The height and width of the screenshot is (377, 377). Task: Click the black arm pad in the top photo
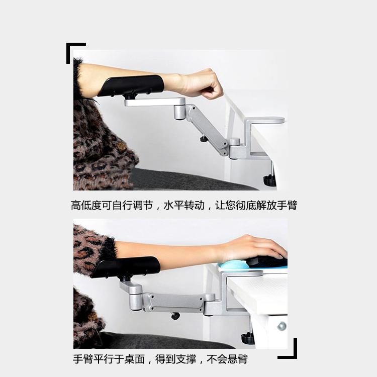[131, 85]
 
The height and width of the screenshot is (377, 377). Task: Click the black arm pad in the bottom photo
[126, 266]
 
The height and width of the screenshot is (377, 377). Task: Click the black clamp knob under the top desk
[269, 180]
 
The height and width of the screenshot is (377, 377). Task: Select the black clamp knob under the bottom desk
[248, 338]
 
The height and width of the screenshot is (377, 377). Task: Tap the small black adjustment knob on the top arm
[204, 139]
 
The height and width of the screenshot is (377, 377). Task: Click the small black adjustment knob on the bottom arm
[175, 316]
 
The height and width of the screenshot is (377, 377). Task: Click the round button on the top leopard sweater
[121, 146]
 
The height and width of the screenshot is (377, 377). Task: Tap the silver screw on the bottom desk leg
[281, 326]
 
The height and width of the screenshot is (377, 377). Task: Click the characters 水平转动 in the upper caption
[184, 206]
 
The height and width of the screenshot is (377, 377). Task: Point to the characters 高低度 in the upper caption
[86, 206]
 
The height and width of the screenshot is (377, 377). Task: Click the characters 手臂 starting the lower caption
[83, 359]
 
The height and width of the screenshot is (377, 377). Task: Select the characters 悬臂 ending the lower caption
[238, 359]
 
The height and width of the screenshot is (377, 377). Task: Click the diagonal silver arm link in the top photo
[207, 130]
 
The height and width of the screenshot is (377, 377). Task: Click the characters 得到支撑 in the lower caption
[176, 359]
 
